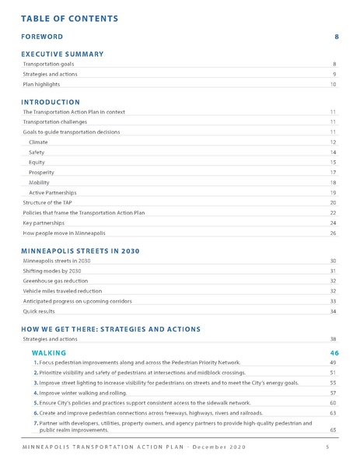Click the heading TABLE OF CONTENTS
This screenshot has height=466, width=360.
click(x=69, y=18)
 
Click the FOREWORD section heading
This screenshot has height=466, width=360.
click(x=42, y=37)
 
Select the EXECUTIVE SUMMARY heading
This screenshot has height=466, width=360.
click(x=62, y=54)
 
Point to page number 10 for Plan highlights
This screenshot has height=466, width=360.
click(x=333, y=84)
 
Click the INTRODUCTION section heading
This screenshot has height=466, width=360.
click(x=51, y=102)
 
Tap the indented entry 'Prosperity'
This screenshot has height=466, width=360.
click(x=40, y=172)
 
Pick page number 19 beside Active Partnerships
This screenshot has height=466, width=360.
click(x=333, y=192)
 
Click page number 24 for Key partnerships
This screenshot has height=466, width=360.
click(x=333, y=222)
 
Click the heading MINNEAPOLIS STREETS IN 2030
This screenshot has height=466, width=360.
click(x=80, y=251)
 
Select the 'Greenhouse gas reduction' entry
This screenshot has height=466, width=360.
click(x=53, y=281)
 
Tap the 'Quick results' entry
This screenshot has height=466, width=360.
click(x=37, y=311)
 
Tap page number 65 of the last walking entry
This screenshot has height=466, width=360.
click(x=333, y=429)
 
